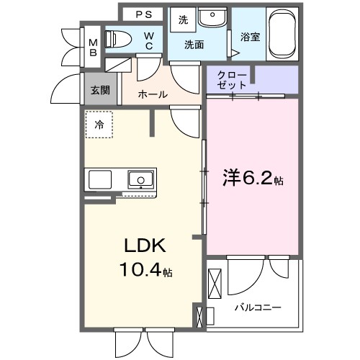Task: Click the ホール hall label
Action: tap(152, 94)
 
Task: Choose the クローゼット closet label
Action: tap(233, 78)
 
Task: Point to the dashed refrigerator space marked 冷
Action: tap(99, 124)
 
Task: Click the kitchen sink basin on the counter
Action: tap(140, 179)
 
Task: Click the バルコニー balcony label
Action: tap(257, 307)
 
